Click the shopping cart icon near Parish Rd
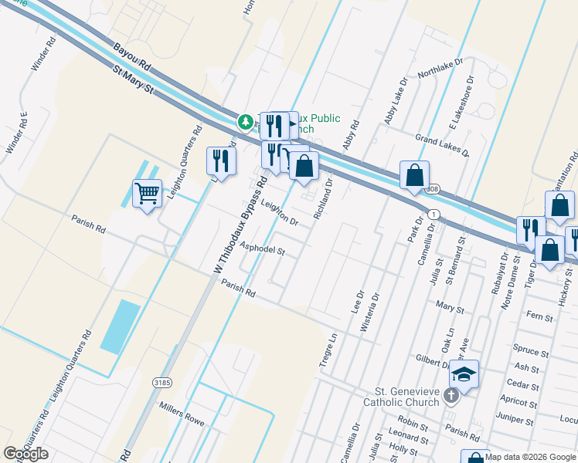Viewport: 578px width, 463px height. [147, 193]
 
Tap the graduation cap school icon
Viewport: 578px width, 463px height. [464, 374]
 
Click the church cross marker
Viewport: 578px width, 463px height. [452, 396]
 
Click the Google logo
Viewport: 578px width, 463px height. [25, 454]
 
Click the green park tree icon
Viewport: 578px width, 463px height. [245, 122]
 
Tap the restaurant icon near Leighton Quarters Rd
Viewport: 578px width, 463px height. [222, 161]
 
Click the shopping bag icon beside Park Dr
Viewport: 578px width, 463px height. [415, 176]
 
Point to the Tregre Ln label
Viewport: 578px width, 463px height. [328, 350]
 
